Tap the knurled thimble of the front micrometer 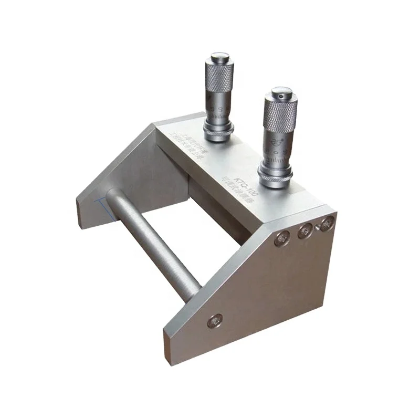coord(280,113)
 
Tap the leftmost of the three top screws coord(282,238)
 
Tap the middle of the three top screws coord(305,230)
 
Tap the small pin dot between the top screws coord(317,227)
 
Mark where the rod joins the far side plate coord(111,196)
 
